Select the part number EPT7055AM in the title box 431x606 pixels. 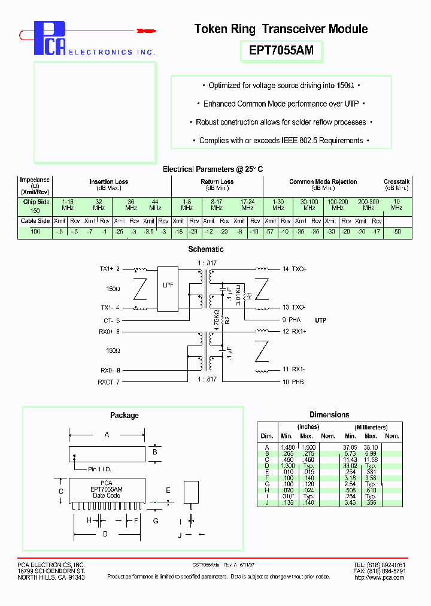tap(281, 51)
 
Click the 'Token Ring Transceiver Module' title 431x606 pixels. tap(281, 29)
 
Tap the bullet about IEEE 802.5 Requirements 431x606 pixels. tap(281, 141)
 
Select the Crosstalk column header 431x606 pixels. tap(396, 181)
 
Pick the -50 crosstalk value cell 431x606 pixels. tap(396, 231)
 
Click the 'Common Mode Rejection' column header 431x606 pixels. tap(323, 181)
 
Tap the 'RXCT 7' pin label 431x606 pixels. tap(110, 381)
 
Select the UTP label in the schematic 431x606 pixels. tap(321, 320)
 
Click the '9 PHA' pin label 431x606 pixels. tap(292, 320)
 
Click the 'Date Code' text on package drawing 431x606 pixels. tap(106, 495)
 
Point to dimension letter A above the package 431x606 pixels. tap(107, 435)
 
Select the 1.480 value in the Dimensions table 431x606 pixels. tap(287, 447)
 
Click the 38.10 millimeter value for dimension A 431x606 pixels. tap(371, 447)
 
